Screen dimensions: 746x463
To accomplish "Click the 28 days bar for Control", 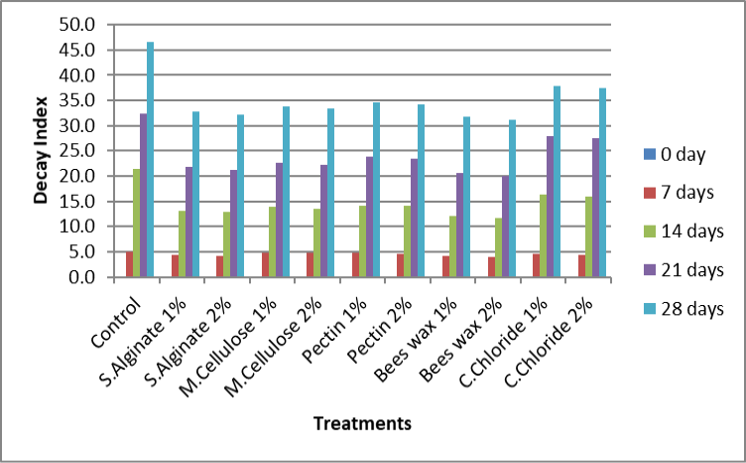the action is (151, 159).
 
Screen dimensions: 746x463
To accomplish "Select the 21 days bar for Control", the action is (143, 196).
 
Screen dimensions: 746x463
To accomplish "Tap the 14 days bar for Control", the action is (137, 223).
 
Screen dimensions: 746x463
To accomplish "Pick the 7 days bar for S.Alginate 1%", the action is (175, 266).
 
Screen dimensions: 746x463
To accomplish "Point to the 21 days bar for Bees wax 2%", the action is (505, 227).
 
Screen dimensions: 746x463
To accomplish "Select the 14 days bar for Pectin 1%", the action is (362, 241).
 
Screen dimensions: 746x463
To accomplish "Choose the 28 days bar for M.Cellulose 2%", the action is (330, 193).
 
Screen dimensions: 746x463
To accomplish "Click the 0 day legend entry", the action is (675, 154).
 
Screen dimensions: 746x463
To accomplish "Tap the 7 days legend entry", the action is (679, 193).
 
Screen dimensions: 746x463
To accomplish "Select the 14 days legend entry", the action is (684, 231).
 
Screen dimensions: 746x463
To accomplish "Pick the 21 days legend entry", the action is (684, 270).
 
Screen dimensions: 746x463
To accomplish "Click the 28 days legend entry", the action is (684, 309).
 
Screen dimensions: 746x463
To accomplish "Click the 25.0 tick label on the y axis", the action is (77, 150).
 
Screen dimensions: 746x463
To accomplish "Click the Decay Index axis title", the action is (41, 150).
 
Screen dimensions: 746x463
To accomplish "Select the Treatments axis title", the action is (362, 423).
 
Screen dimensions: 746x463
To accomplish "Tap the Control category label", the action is (117, 323).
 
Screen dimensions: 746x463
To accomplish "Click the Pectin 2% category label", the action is (380, 331).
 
